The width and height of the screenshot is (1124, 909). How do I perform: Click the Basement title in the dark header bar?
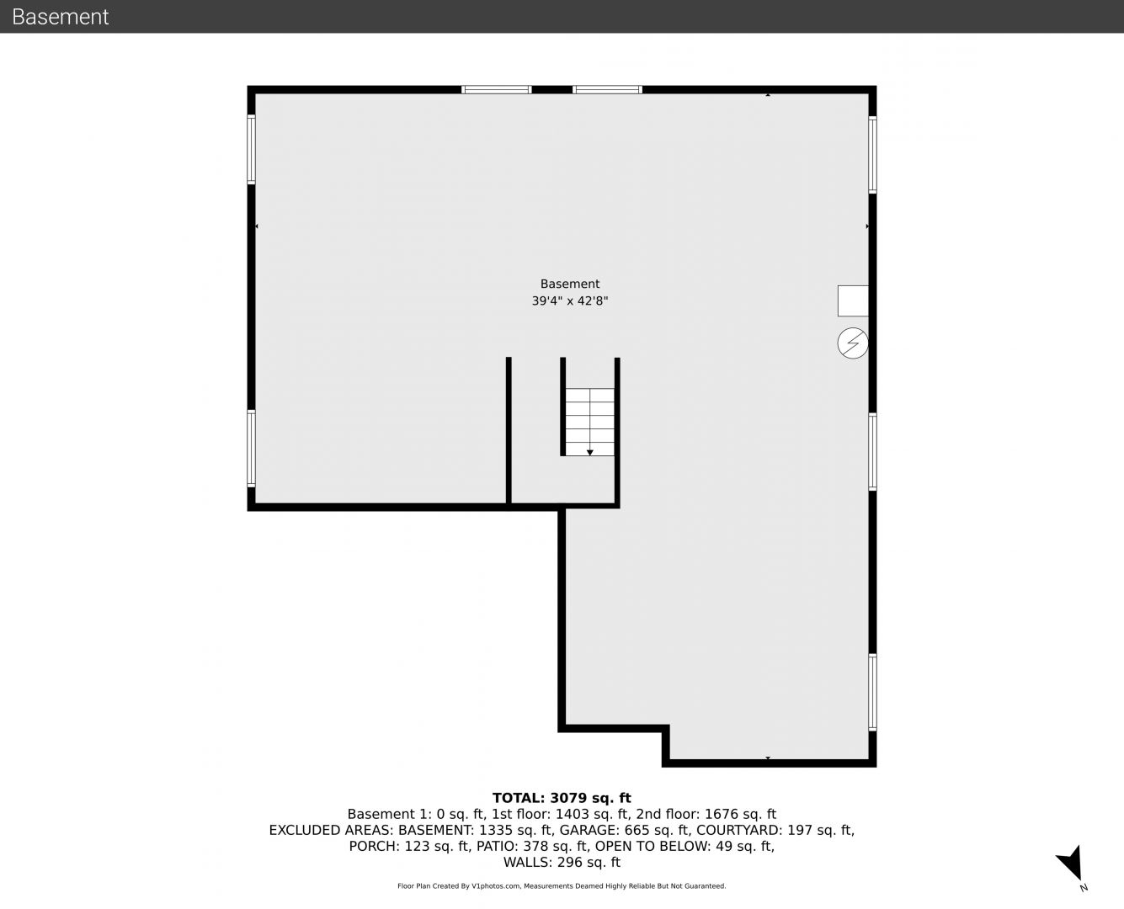point(60,17)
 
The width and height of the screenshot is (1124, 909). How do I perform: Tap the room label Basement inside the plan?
point(570,284)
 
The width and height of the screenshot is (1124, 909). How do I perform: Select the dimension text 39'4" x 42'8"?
point(570,301)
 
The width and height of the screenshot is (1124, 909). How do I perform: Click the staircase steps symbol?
point(590,422)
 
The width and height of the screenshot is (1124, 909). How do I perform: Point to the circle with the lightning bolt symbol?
point(853,343)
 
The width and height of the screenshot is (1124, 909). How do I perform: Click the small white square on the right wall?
point(853,301)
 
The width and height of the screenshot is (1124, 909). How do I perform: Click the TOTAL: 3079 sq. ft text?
point(562,798)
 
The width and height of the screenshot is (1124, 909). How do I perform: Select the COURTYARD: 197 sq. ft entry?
point(775,831)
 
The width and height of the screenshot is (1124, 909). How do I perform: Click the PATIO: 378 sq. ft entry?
point(532,846)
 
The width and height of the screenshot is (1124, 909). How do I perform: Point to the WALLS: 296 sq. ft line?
point(562,863)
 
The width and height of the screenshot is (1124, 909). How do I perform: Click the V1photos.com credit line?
point(562,886)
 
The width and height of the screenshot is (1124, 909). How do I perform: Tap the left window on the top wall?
point(497,90)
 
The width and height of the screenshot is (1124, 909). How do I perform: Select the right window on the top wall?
point(607,90)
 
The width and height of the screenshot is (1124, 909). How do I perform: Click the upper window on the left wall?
point(251,149)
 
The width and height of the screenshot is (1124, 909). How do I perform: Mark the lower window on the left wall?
point(251,449)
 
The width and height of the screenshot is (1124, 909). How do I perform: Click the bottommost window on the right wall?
point(873,692)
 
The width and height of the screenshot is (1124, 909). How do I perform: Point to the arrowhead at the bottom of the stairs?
point(590,453)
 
